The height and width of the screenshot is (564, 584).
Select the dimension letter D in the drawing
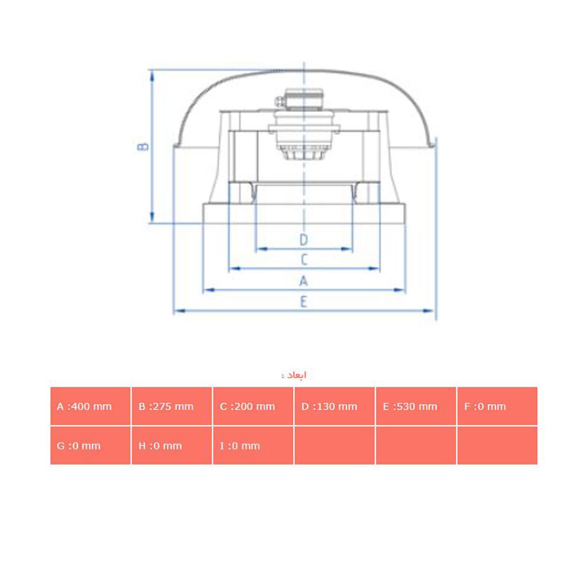pos(304,240)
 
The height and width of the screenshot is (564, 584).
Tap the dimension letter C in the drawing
pos(304,259)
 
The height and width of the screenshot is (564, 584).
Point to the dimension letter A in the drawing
pos(304,281)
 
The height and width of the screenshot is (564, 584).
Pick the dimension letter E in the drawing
pos(304,301)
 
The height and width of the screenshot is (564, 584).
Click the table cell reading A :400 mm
pos(90,406)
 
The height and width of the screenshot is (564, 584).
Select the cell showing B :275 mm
pos(171,406)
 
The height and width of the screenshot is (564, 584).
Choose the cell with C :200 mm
pos(253,406)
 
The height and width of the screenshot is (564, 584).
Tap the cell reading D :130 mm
pos(334,406)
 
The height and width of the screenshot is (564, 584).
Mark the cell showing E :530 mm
pos(416,406)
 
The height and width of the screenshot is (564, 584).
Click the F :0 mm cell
pos(497,406)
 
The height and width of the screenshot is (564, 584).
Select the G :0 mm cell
pos(90,446)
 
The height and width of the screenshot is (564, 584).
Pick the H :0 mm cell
pos(171,446)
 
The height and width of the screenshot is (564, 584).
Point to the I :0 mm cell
pos(253,446)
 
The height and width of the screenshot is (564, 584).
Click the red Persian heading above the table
pos(294,376)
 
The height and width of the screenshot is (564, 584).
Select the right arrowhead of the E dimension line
pos(430,311)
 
